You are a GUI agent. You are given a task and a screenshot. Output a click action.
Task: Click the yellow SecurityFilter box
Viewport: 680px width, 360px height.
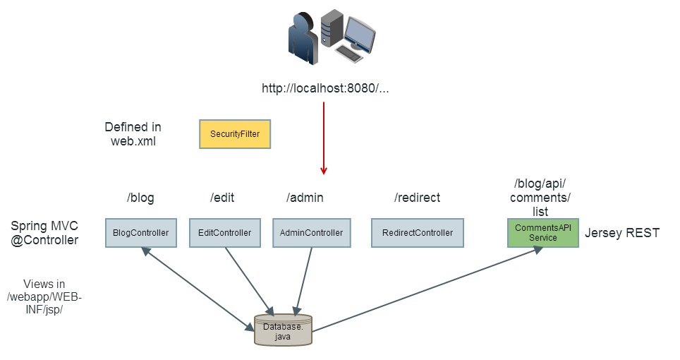pyautogui.click(x=235, y=134)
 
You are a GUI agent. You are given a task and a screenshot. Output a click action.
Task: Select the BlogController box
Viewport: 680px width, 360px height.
pyautogui.click(x=141, y=233)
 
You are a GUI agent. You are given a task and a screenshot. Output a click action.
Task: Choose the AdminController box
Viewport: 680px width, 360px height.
pyautogui.click(x=311, y=233)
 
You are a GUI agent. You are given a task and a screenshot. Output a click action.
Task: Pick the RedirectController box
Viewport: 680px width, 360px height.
pyautogui.click(x=417, y=233)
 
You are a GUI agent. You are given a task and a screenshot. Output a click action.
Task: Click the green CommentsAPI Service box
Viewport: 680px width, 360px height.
pyautogui.click(x=543, y=233)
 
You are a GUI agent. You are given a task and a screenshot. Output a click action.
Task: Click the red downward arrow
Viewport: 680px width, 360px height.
pyautogui.click(x=324, y=138)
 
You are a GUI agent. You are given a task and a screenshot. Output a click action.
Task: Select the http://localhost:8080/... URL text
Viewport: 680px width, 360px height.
pyautogui.click(x=325, y=89)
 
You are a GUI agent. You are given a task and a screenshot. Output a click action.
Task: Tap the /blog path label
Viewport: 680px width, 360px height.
pyautogui.click(x=140, y=198)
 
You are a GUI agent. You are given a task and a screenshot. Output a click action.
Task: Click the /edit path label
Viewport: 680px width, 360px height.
pyautogui.click(x=222, y=198)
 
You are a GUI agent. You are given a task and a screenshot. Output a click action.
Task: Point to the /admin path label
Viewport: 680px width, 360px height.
pyautogui.click(x=305, y=198)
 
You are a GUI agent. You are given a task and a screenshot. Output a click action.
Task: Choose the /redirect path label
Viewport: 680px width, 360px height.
pyautogui.click(x=417, y=198)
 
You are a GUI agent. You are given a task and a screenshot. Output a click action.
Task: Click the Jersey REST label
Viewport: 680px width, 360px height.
pyautogui.click(x=622, y=233)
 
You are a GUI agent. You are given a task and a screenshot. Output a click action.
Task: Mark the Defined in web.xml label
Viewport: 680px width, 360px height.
pyautogui.click(x=133, y=134)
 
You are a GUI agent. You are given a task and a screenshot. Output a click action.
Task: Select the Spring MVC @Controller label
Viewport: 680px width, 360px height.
pyautogui.click(x=44, y=233)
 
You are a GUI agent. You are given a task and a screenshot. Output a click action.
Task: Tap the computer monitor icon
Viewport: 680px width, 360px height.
pyautogui.click(x=356, y=34)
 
